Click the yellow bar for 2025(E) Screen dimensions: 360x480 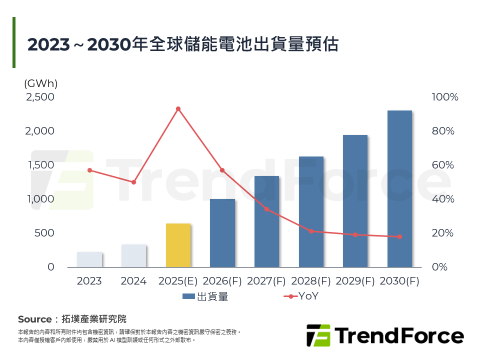tap(178, 245)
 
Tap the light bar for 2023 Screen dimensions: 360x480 tap(89, 259)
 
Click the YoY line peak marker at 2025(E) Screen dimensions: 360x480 tap(178, 108)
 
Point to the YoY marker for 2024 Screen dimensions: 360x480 tap(133, 182)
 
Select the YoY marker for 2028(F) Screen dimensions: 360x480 tap(311, 231)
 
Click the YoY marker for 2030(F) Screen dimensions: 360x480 tap(399, 236)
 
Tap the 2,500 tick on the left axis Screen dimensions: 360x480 tap(40, 97)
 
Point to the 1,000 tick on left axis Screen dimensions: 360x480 tap(40, 199)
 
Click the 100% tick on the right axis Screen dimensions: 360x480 tap(444, 97)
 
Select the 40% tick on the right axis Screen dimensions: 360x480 tap(443, 199)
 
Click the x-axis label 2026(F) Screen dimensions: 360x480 tap(222, 281)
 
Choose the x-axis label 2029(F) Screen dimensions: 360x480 tap(355, 281)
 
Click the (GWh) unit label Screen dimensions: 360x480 tap(40, 83)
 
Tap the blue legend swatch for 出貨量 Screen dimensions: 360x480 tap(188, 296)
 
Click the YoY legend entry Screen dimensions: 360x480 tap(302, 296)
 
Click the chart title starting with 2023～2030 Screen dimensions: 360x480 tap(182, 44)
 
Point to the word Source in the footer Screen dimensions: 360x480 tap(34, 319)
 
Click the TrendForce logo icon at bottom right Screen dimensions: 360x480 tap(318, 335)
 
